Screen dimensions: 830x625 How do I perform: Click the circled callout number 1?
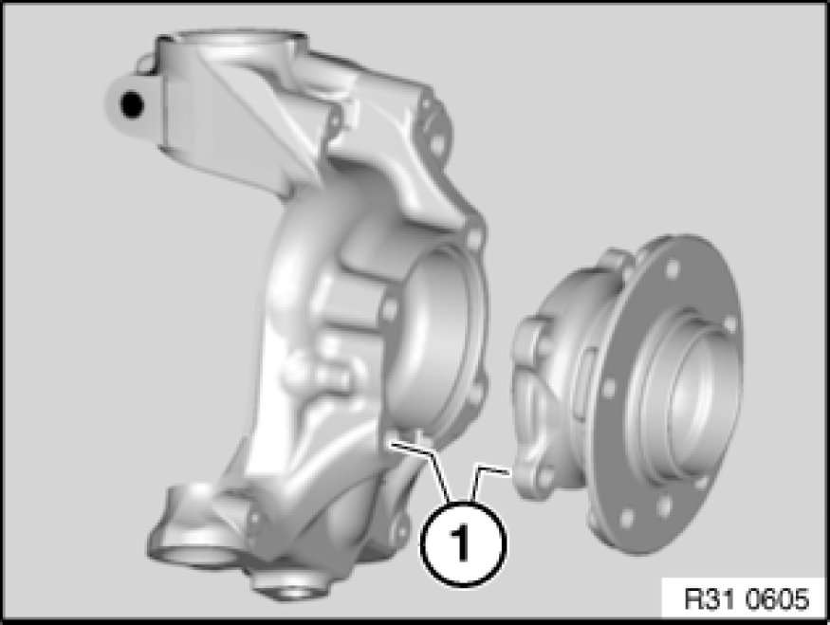(463, 542)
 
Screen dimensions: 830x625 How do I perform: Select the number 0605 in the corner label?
(778, 599)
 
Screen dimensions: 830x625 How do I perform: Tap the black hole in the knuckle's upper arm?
(131, 104)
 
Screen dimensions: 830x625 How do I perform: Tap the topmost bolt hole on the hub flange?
(673, 268)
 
